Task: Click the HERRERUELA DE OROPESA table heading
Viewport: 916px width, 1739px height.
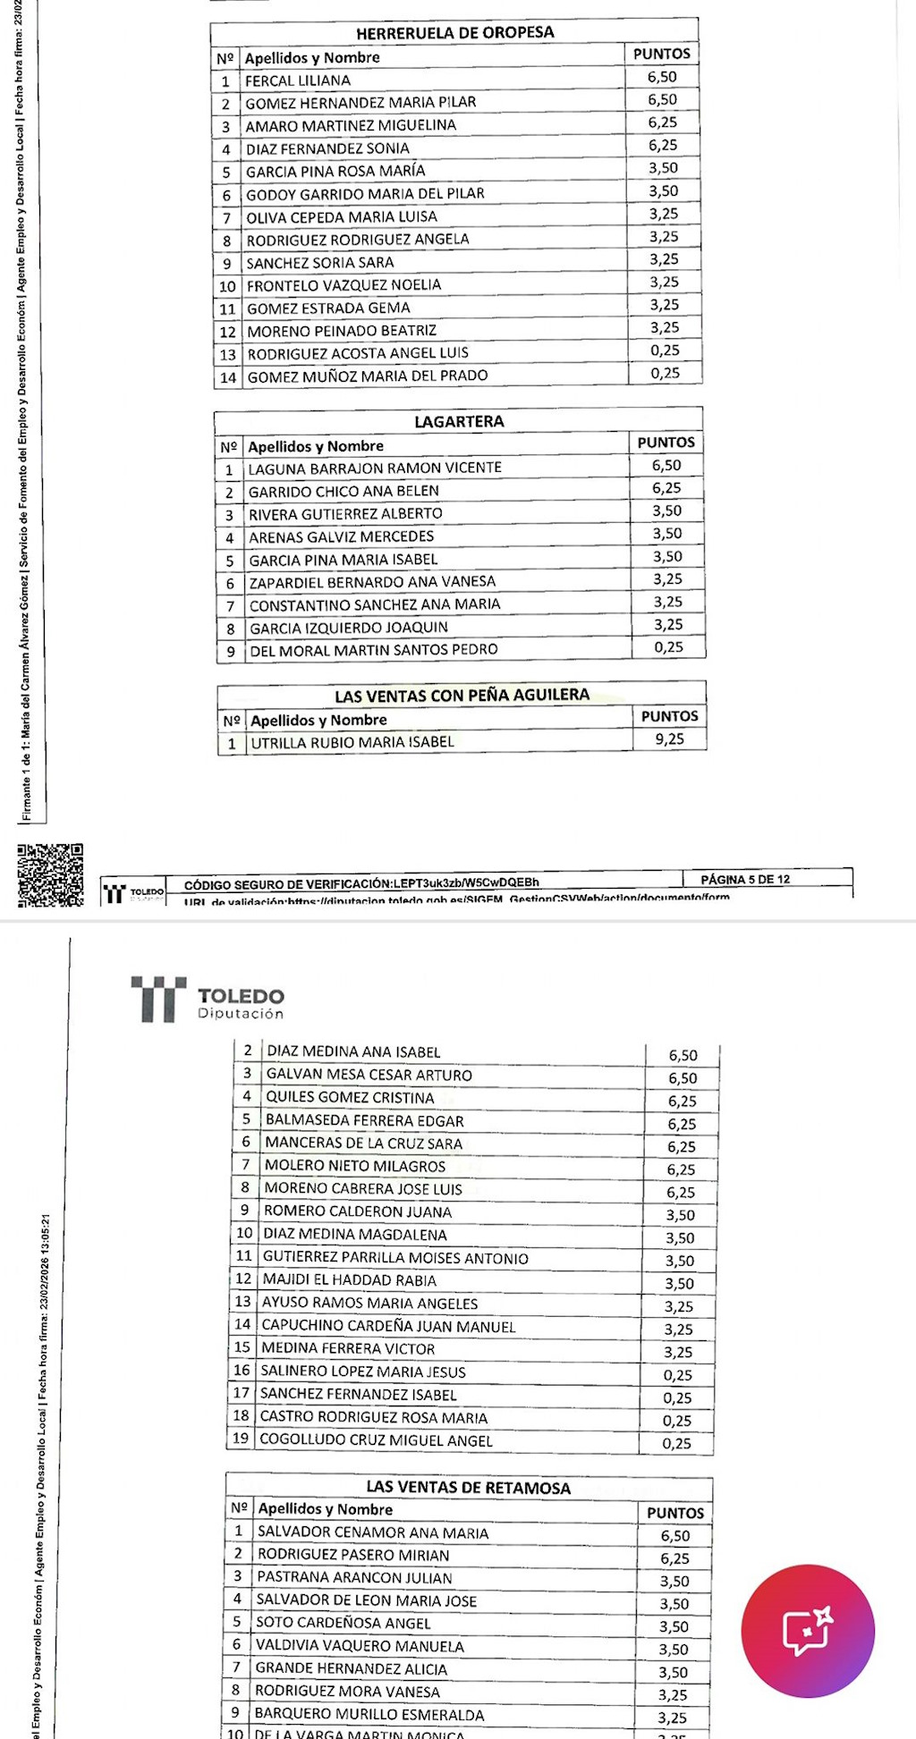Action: click(x=454, y=33)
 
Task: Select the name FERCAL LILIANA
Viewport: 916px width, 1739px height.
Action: click(x=298, y=80)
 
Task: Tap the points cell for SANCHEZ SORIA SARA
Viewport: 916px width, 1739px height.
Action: click(x=664, y=259)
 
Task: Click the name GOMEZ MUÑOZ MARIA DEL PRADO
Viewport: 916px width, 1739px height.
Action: click(x=368, y=376)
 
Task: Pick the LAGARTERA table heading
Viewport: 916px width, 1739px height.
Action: click(x=459, y=421)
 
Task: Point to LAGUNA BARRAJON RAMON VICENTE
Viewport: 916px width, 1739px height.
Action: click(x=375, y=468)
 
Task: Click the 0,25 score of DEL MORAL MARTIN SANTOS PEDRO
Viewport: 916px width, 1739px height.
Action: click(x=668, y=647)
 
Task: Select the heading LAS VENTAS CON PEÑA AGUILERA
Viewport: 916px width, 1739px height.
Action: click(x=462, y=695)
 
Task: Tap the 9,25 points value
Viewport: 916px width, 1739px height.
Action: click(x=669, y=739)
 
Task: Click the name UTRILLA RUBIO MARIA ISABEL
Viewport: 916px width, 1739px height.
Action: click(x=352, y=742)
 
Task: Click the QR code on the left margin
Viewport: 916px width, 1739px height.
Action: click(x=50, y=874)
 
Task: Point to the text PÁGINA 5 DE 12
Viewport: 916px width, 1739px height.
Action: click(x=745, y=879)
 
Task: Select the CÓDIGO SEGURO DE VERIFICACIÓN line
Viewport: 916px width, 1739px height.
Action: click(x=361, y=884)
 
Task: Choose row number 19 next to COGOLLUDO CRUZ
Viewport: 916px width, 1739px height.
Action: click(x=240, y=1439)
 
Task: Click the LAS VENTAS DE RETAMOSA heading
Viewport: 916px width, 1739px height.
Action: click(x=468, y=1488)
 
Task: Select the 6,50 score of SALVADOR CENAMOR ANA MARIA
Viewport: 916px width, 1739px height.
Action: click(x=674, y=1535)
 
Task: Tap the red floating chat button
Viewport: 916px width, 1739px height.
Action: click(x=808, y=1630)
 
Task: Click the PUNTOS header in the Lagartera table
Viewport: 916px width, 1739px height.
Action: click(x=666, y=443)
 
